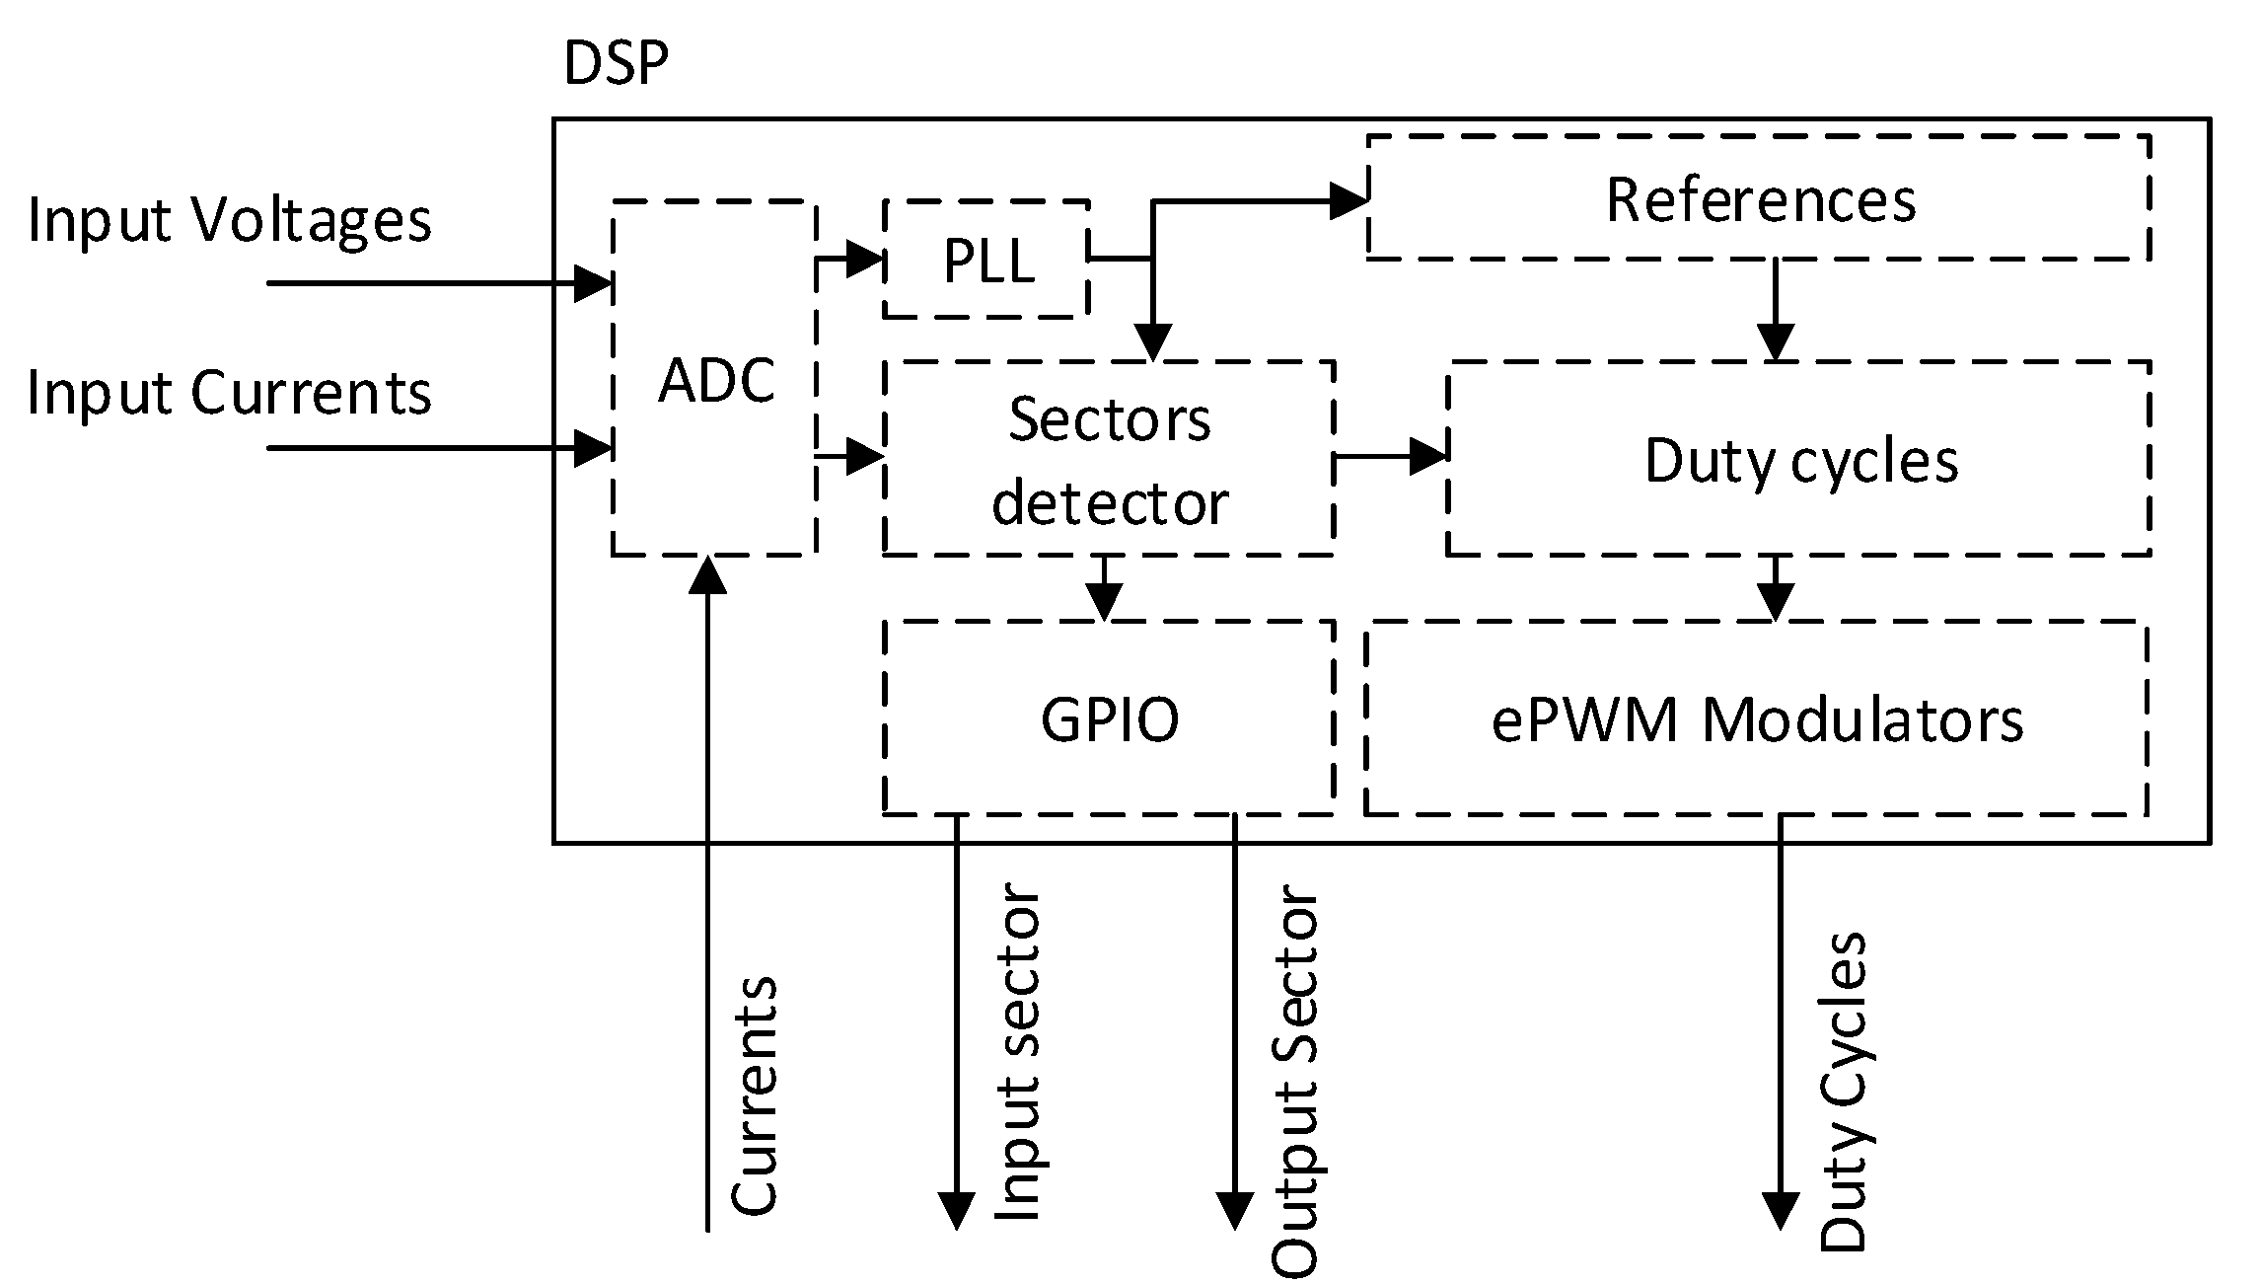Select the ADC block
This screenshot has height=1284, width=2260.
point(714,379)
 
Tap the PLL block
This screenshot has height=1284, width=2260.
point(987,261)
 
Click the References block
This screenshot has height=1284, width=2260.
point(1760,199)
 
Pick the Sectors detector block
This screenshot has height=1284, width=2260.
point(1109,460)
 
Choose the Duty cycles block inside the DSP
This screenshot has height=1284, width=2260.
point(1799,460)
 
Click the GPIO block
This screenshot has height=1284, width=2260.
point(1109,718)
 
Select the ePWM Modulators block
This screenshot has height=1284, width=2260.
point(1756,718)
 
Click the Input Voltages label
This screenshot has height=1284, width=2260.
point(229,219)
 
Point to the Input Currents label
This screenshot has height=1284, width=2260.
point(229,392)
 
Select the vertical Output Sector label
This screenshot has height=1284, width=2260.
point(1295,1081)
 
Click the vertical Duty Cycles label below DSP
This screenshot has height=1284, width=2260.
point(1843,1091)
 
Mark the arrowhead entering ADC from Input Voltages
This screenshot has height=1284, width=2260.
point(595,284)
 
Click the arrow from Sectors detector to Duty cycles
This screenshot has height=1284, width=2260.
point(1391,457)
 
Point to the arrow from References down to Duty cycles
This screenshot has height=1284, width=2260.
point(1776,311)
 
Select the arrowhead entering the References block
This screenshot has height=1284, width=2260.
point(1348,201)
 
